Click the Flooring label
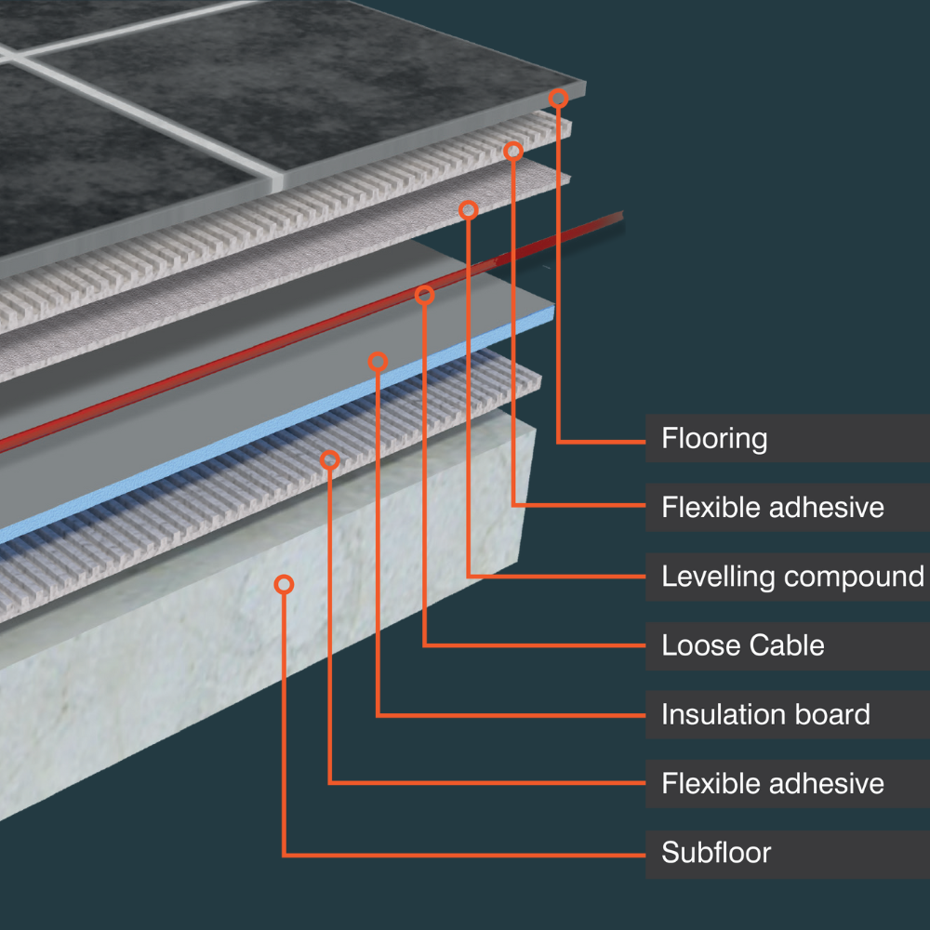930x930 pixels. [714, 438]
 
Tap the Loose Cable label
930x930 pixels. [742, 645]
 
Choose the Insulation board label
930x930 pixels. [765, 714]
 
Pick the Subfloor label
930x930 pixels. [716, 852]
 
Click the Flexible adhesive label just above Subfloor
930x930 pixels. [772, 783]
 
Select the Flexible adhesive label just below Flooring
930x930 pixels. [772, 508]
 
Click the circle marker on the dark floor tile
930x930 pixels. [558, 98]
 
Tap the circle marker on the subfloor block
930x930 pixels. [285, 584]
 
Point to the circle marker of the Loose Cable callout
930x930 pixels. [424, 296]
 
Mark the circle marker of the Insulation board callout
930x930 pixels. [378, 362]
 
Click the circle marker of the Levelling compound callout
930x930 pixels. [469, 210]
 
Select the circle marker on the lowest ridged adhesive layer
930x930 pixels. [329, 459]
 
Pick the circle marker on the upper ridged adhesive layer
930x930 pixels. [513, 151]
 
